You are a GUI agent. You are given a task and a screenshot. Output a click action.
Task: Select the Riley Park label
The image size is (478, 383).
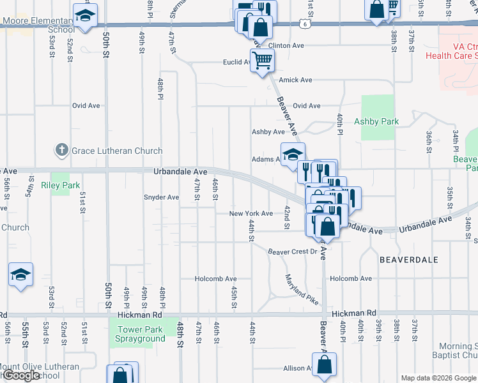point(61,186)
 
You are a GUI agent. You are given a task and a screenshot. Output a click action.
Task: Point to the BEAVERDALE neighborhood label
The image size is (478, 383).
point(409,260)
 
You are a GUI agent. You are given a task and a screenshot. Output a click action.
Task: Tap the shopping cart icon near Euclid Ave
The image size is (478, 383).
point(261,61)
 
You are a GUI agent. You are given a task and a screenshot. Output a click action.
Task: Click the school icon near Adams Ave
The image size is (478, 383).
point(292,154)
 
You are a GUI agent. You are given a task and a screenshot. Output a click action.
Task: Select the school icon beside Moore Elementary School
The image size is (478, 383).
point(84,16)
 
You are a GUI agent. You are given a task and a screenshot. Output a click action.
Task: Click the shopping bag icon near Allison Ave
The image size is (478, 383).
point(325,365)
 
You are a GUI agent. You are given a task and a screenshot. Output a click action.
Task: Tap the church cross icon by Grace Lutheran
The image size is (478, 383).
point(62,151)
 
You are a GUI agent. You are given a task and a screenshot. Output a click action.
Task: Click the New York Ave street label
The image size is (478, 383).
point(251,214)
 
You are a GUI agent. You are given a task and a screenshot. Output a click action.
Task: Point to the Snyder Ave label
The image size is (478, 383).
point(161,197)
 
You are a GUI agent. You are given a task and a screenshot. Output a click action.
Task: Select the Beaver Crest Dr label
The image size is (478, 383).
point(292,252)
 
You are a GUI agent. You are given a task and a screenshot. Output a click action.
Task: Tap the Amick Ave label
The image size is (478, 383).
point(295,80)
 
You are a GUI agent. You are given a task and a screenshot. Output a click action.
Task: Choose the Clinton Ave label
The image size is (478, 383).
point(286,46)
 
